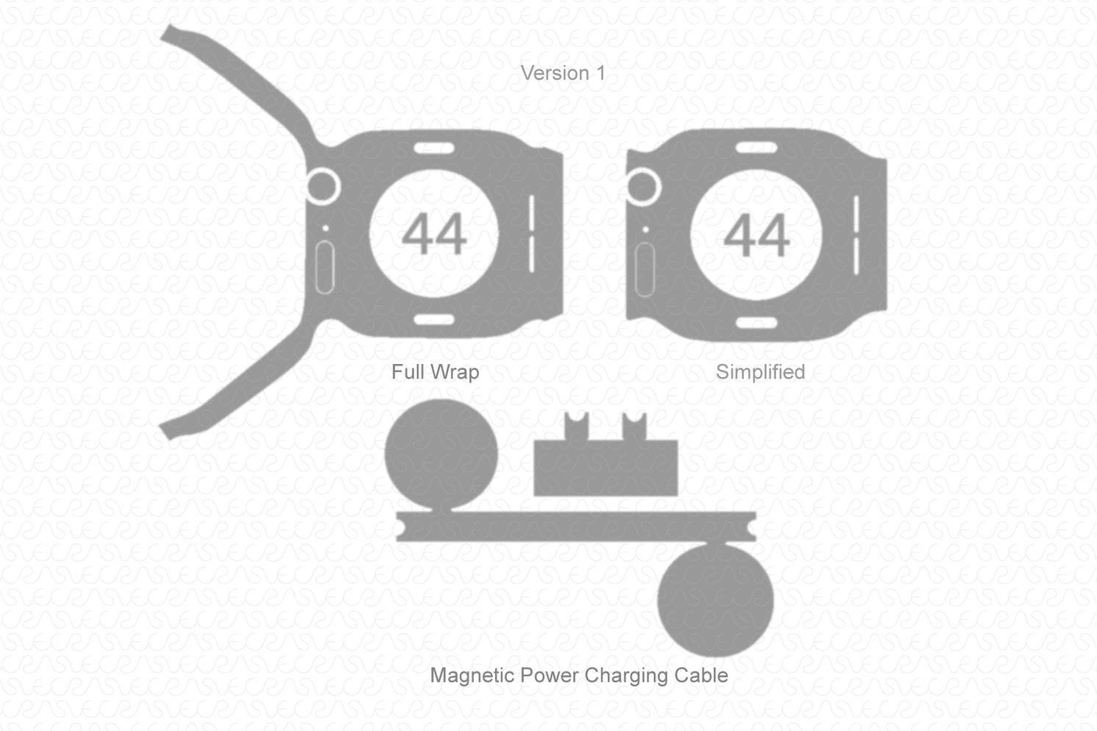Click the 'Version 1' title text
[563, 74]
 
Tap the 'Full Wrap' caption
[436, 372]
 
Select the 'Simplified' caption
[761, 372]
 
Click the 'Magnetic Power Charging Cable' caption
[579, 676]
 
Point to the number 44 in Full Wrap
[434, 234]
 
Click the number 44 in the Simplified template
[756, 235]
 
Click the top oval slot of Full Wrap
[434, 148]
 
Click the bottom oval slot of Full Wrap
[434, 320]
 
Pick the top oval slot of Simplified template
[756, 147]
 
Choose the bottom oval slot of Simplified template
[756, 323]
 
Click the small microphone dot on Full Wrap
[325, 229]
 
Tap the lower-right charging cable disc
[715, 600]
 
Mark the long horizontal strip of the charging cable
[576, 527]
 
